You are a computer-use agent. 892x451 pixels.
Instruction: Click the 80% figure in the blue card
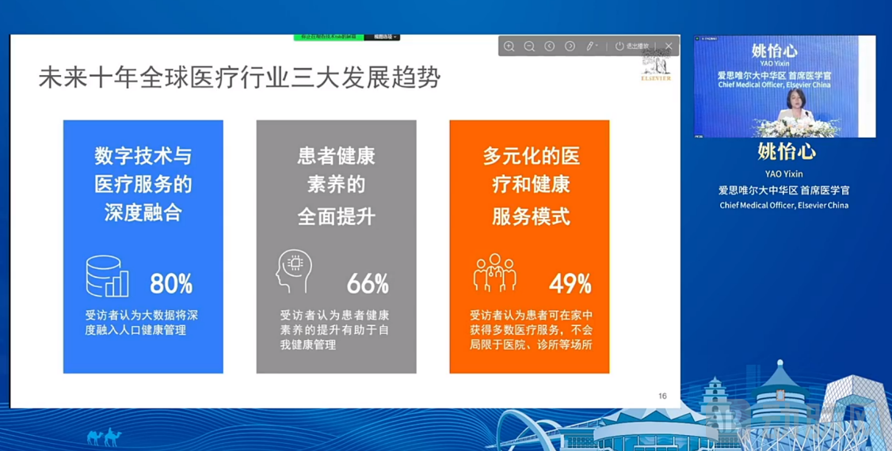click(x=171, y=283)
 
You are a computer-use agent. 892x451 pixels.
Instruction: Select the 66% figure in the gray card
click(x=368, y=283)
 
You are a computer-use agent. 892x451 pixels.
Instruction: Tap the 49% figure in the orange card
click(x=570, y=283)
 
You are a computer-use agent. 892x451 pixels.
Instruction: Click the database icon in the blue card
click(x=107, y=277)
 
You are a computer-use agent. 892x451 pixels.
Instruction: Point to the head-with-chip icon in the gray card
click(x=294, y=271)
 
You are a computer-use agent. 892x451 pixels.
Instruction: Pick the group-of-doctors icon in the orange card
click(x=495, y=273)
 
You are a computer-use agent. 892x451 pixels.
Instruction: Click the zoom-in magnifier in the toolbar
click(x=509, y=47)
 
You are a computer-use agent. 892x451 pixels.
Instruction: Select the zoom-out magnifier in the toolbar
click(x=529, y=47)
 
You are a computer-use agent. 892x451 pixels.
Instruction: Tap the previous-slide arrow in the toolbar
click(x=549, y=47)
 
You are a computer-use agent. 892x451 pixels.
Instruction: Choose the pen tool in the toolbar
click(x=590, y=47)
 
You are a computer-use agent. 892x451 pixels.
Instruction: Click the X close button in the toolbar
click(x=669, y=47)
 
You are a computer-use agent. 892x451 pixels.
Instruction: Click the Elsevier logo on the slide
click(x=656, y=66)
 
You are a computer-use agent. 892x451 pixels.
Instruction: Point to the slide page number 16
click(x=662, y=396)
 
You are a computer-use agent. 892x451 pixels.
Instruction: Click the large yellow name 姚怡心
click(x=786, y=151)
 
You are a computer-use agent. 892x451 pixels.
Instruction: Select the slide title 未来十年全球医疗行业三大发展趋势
click(x=240, y=78)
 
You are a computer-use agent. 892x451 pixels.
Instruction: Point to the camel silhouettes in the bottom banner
click(x=104, y=436)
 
